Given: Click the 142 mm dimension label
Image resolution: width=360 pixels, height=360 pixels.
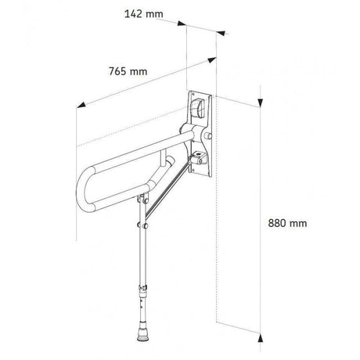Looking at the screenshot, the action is point(144,14).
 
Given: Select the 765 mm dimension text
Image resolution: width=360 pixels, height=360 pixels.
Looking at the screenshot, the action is point(128,71).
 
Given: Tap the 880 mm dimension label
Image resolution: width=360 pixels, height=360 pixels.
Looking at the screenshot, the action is point(287,223).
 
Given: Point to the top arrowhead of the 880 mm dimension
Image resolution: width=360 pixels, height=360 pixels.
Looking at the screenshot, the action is point(260,103).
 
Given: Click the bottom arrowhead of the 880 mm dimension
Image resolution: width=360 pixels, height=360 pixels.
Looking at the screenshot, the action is point(260,337).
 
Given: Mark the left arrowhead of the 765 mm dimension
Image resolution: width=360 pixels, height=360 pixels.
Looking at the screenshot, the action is point(81,105).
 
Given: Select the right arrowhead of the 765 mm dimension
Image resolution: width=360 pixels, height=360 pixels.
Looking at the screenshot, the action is point(212,60).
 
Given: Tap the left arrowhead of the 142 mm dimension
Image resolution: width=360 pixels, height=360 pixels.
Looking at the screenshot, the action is point(182,23).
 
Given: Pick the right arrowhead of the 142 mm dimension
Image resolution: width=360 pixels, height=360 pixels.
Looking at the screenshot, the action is point(221,33).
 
